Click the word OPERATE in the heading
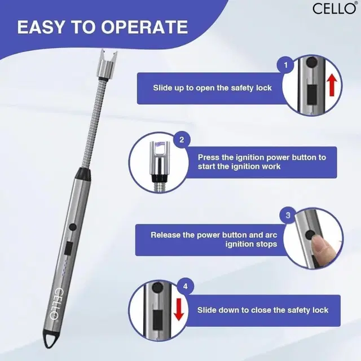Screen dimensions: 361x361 tap(144, 27)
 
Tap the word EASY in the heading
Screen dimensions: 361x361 tap(41, 27)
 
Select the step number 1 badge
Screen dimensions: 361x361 tap(285, 65)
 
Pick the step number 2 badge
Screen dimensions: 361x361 tap(182, 140)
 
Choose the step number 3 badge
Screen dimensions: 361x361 tap(288, 215)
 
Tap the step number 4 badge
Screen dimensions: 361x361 tap(186, 287)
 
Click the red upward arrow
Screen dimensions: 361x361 tap(332, 85)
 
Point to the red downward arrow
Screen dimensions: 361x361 tap(179, 309)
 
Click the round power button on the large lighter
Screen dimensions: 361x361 tap(73, 227)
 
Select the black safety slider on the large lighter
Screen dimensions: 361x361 tap(69, 248)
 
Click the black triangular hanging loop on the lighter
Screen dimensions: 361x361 tap(50, 340)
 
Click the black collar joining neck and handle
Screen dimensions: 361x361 tap(83, 174)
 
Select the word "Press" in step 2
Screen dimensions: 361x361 tap(209, 157)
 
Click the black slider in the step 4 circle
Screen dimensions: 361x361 tap(157, 320)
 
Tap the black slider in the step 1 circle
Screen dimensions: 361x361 tap(312, 95)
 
